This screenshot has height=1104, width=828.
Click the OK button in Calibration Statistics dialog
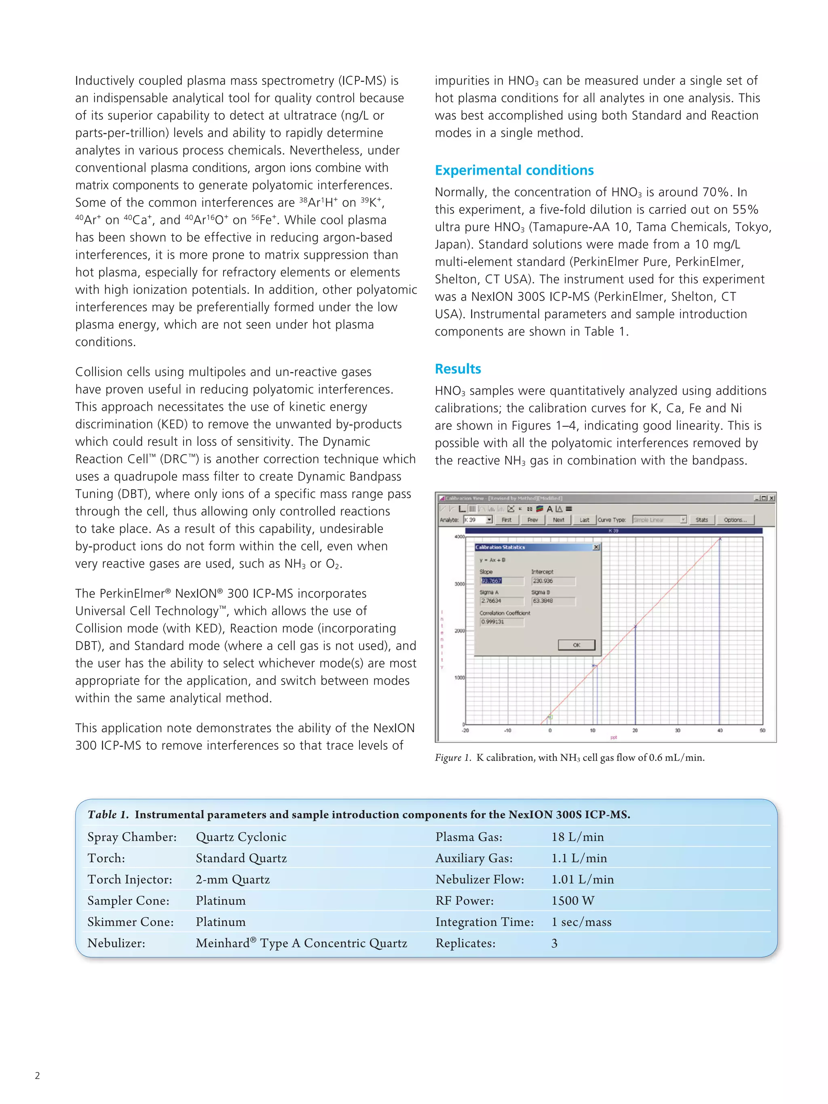(x=577, y=645)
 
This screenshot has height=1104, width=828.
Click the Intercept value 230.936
(x=553, y=581)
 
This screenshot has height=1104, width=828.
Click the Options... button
(x=735, y=520)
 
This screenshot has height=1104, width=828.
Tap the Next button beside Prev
(x=558, y=520)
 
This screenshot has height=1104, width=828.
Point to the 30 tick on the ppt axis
(x=678, y=730)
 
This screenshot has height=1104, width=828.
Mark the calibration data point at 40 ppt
(x=720, y=539)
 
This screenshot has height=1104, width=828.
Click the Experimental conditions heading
(x=514, y=170)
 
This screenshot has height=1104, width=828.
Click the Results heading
(x=458, y=369)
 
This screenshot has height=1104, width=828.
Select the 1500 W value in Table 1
(x=572, y=901)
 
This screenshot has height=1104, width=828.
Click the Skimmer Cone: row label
(x=130, y=922)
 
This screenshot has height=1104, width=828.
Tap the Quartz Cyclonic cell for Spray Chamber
(x=241, y=837)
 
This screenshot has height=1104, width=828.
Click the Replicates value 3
(x=555, y=943)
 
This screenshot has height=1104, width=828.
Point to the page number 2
(x=38, y=1076)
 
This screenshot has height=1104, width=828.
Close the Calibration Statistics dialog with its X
(x=596, y=547)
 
